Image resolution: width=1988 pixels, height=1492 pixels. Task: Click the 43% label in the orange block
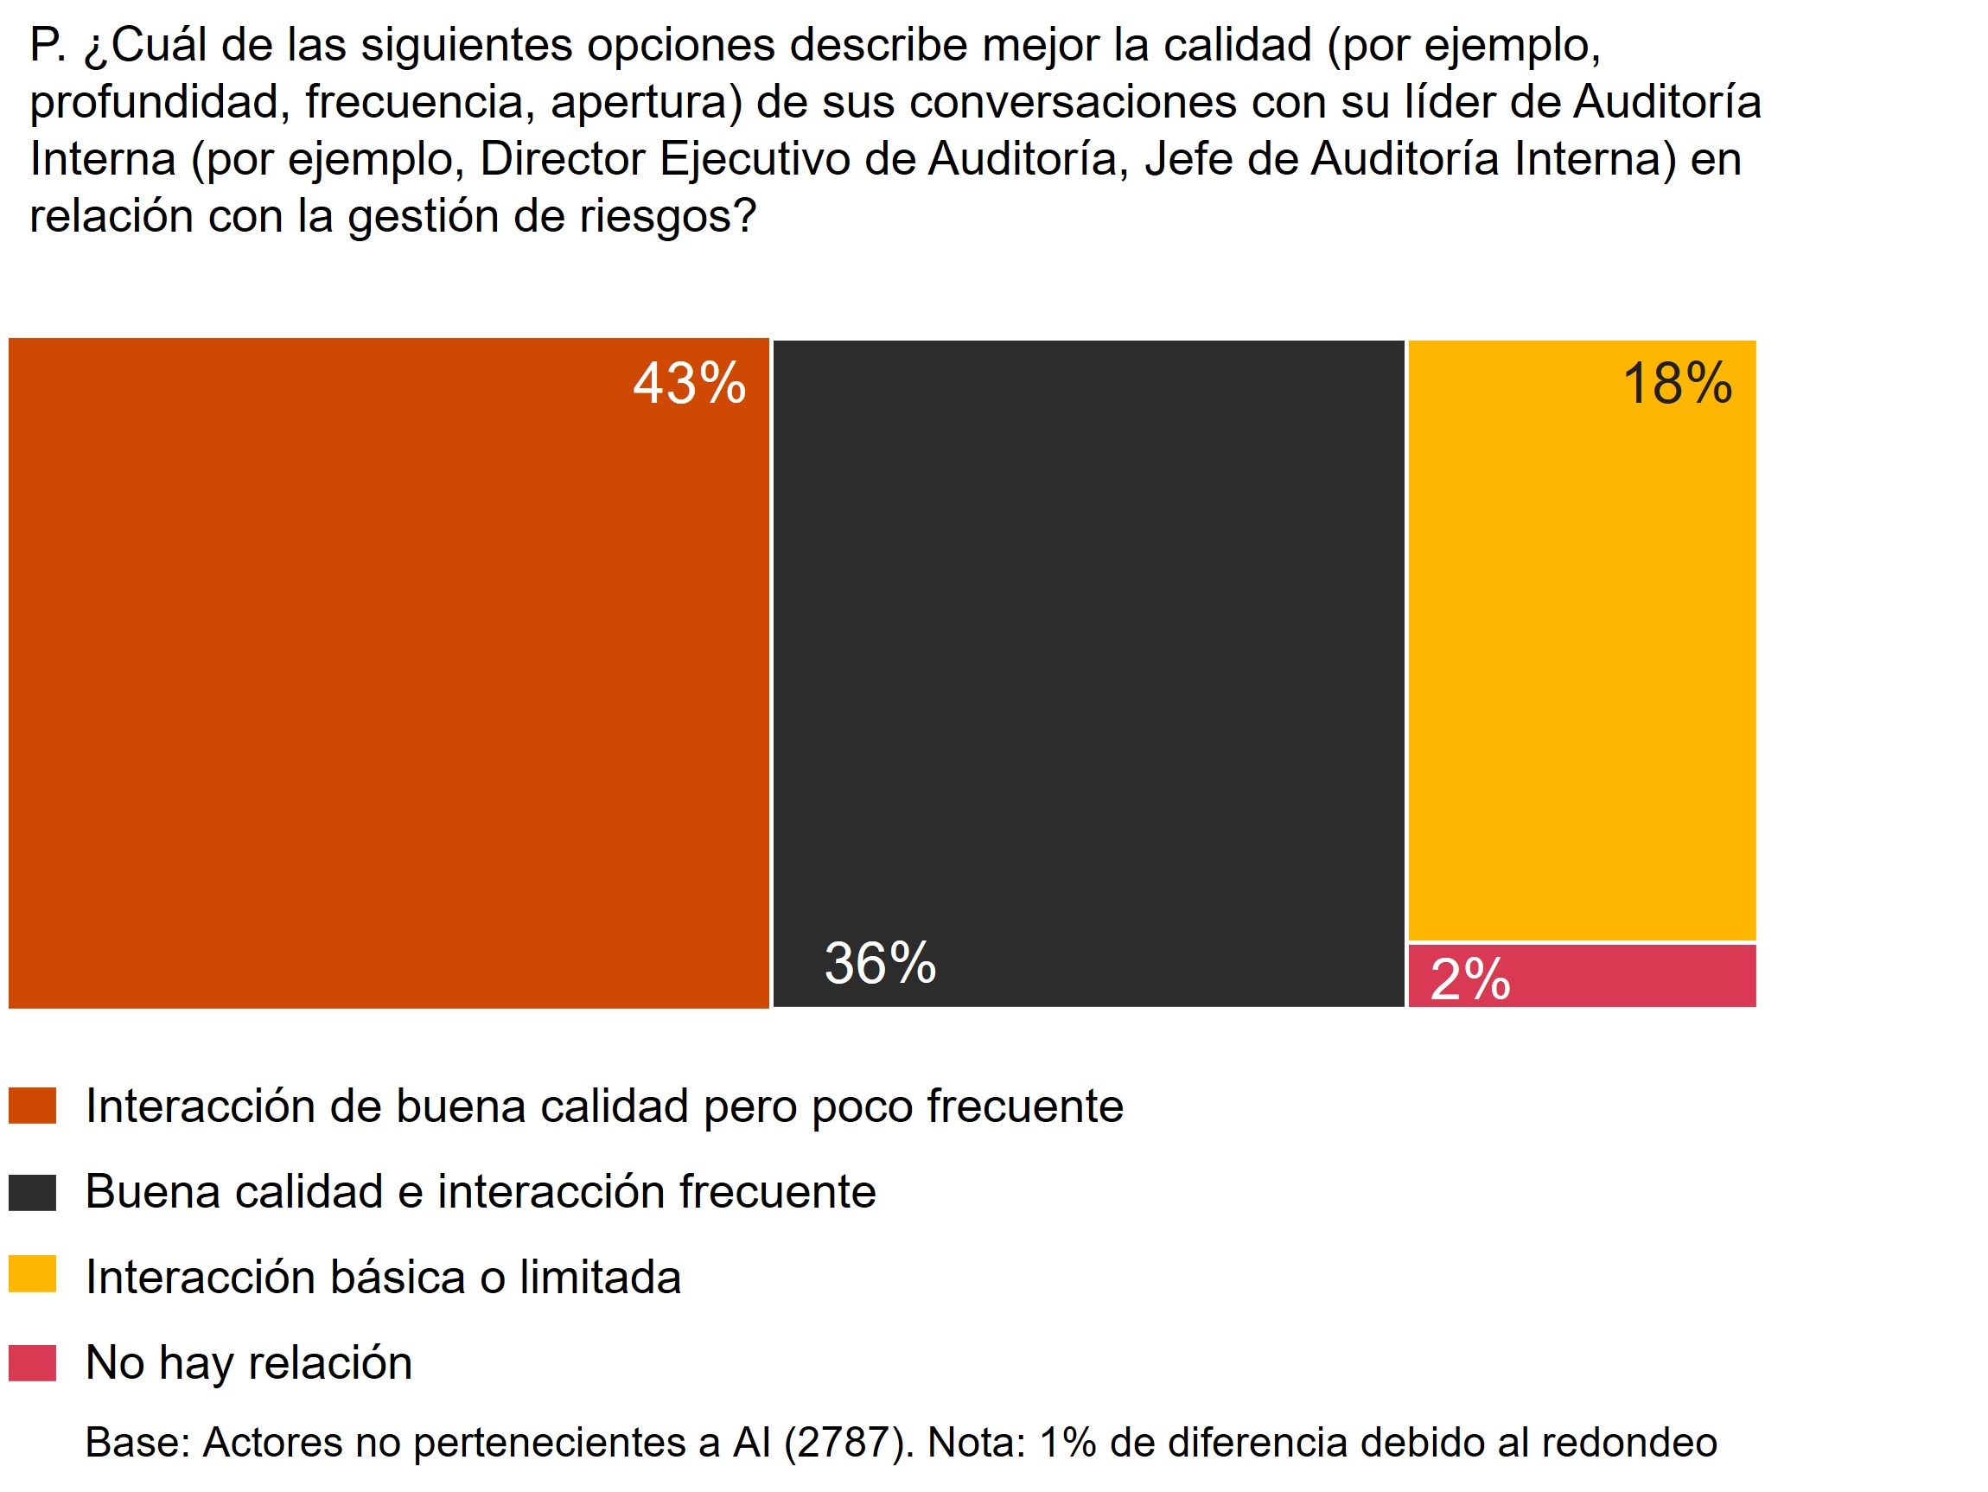690,384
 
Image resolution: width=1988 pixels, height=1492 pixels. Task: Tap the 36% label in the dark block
880,964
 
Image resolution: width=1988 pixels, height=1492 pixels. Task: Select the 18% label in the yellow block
1677,384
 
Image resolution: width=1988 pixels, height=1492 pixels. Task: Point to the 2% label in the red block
1469,979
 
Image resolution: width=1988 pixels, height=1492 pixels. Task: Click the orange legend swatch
32,1106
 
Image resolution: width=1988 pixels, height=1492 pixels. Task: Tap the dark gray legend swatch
32,1193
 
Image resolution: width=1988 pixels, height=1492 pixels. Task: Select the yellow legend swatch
32,1274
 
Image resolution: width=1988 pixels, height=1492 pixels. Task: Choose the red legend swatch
32,1362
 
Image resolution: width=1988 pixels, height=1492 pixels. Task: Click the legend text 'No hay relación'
249,1362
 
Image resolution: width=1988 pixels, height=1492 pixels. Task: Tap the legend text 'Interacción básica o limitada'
383,1277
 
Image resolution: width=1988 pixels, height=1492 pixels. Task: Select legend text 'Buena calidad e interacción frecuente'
481,1192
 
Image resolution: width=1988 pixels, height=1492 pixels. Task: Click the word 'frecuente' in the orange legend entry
1025,1106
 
